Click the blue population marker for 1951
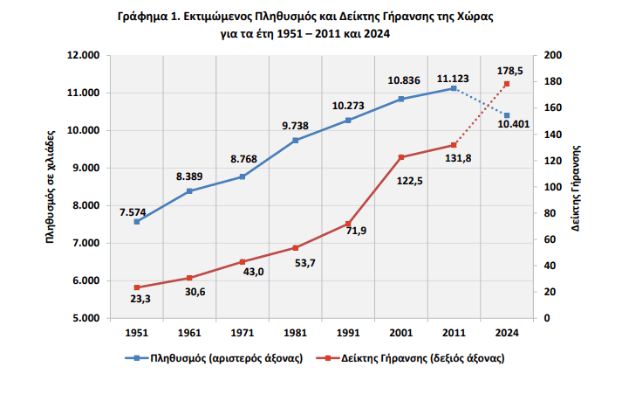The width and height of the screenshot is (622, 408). [x=136, y=222]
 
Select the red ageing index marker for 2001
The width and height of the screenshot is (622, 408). [x=401, y=157]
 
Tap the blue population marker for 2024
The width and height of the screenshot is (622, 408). [x=507, y=115]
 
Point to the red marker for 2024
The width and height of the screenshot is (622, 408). [x=507, y=84]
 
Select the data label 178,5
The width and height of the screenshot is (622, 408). [x=508, y=70]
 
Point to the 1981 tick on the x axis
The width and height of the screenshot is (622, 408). [x=295, y=333]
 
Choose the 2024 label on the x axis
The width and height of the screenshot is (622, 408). [x=507, y=333]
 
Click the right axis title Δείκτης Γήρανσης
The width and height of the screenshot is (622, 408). [x=578, y=187]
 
